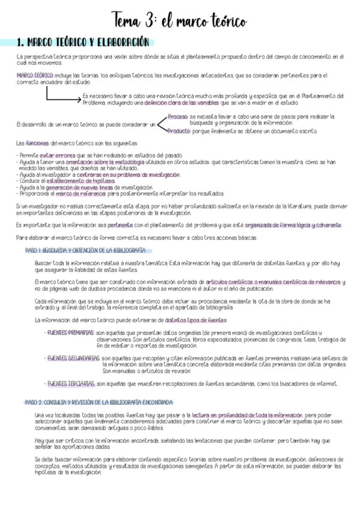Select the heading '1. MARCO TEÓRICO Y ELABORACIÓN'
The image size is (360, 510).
pyautogui.click(x=84, y=43)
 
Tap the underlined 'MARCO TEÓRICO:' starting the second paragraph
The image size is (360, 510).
pyautogui.click(x=35, y=75)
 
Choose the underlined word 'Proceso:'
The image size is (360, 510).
pyautogui.click(x=178, y=116)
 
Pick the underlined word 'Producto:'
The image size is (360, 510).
pyautogui.click(x=179, y=130)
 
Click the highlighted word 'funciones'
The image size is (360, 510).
pyautogui.click(x=38, y=143)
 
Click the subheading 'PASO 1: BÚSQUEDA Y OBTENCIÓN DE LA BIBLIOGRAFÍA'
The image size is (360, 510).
pyautogui.click(x=85, y=250)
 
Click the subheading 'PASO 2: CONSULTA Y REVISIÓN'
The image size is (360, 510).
pyautogui.click(x=99, y=402)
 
